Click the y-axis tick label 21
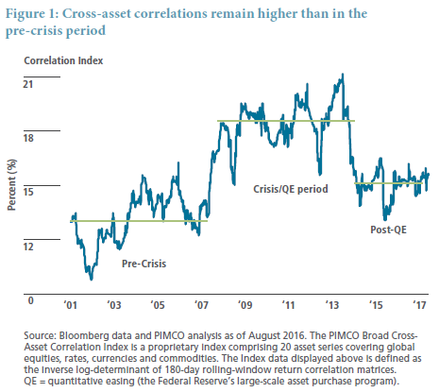pyautogui.click(x=28, y=84)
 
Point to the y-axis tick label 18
pyautogui.click(x=28, y=138)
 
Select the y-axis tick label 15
pyautogui.click(x=28, y=192)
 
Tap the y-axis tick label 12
pyautogui.click(x=28, y=246)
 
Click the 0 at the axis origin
pyautogui.click(x=30, y=300)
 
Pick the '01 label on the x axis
pyautogui.click(x=70, y=305)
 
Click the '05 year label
pyautogui.click(x=158, y=305)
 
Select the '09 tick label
pyautogui.click(x=245, y=305)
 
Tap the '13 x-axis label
pyautogui.click(x=332, y=305)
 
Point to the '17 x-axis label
pyautogui.click(x=419, y=305)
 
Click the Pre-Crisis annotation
pyautogui.click(x=144, y=264)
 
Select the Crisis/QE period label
pyautogui.click(x=291, y=189)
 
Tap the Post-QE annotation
pyautogui.click(x=388, y=230)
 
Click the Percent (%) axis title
pyautogui.click(x=11, y=185)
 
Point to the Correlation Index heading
pyautogui.click(x=63, y=60)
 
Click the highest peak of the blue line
pyautogui.click(x=343, y=75)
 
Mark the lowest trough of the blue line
pyautogui.click(x=92, y=279)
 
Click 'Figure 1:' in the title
pyautogui.click(x=32, y=14)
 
